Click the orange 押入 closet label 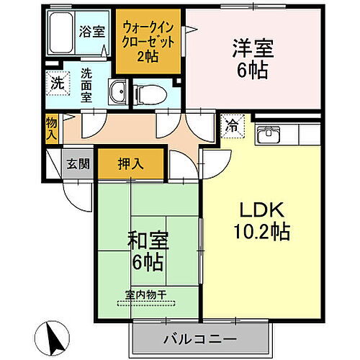click(x=130, y=163)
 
